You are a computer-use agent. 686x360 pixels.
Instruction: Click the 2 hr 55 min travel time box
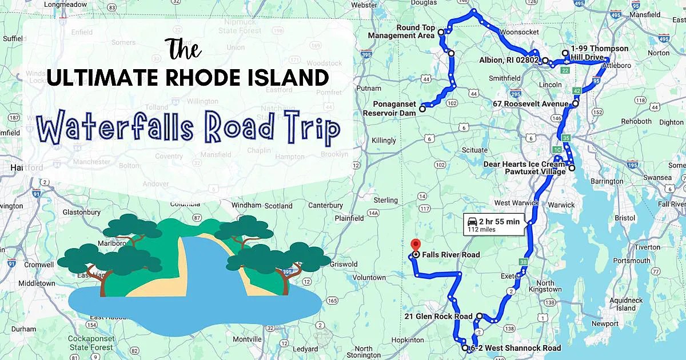point(493,225)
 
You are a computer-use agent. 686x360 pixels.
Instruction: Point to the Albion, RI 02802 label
point(510,60)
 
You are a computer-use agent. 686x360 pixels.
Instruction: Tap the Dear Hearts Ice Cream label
point(524,164)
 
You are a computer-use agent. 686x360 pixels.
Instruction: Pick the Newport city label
point(605,323)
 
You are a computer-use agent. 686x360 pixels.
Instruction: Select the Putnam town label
point(368,88)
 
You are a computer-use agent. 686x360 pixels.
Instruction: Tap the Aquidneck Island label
point(627,304)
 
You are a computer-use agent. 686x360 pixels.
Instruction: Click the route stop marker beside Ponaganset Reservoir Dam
point(422,108)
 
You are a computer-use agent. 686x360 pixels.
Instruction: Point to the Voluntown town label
point(369,277)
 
